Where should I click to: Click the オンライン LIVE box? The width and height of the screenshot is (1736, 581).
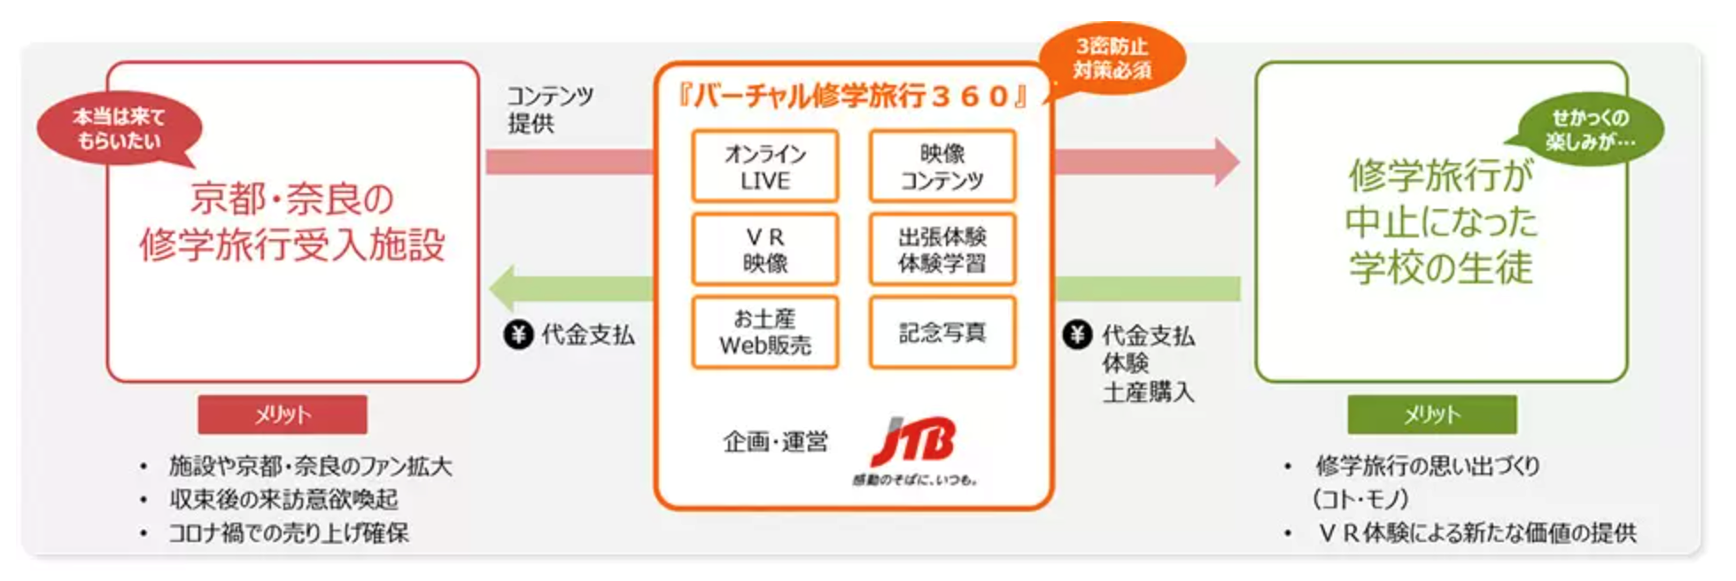[765, 167]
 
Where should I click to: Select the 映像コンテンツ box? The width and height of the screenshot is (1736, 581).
[942, 167]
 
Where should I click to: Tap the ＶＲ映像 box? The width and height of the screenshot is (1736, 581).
[765, 249]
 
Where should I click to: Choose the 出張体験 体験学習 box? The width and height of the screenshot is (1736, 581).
[942, 249]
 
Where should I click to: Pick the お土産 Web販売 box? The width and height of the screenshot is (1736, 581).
[765, 332]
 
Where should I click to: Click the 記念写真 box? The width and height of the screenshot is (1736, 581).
[942, 332]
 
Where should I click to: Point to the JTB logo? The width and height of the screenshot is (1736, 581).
[914, 450]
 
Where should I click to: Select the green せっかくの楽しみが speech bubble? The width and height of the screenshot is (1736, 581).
[1590, 129]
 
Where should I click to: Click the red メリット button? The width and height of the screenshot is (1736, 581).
[283, 414]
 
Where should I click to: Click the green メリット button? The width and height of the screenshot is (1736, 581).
[1432, 414]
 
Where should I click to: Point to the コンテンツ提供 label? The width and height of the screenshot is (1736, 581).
[549, 109]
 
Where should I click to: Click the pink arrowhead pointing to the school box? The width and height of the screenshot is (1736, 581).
[1227, 161]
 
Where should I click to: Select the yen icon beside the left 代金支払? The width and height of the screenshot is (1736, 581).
[518, 335]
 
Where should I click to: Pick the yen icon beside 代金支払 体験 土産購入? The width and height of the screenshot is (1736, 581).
[1077, 335]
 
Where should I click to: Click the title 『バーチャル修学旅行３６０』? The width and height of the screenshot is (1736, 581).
[853, 96]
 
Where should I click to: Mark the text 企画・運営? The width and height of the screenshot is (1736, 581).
[775, 441]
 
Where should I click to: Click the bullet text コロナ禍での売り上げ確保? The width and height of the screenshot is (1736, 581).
[289, 533]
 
